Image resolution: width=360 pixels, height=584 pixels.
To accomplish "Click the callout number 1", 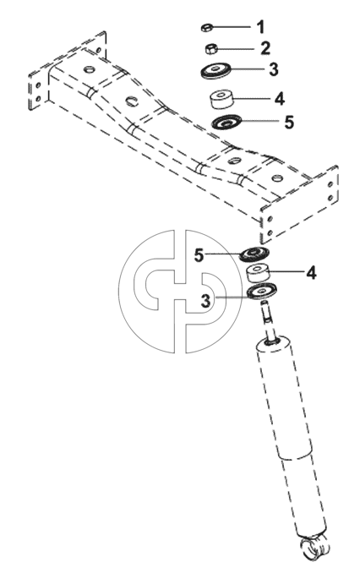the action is (x=261, y=27).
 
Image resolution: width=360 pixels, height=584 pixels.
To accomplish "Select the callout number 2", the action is (x=265, y=48).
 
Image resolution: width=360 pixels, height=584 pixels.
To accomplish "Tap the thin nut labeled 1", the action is (x=206, y=28).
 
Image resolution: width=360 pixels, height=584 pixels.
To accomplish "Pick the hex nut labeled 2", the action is (x=211, y=48).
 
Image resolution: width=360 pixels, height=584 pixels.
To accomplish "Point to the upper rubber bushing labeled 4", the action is (x=223, y=99).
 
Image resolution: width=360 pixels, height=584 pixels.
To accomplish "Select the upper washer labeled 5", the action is (x=226, y=122).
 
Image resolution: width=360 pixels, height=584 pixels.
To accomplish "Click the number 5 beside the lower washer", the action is (x=200, y=255).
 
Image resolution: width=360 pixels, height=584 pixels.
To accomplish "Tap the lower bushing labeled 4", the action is (x=259, y=273).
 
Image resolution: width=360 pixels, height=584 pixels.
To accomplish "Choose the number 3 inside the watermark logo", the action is (x=205, y=301).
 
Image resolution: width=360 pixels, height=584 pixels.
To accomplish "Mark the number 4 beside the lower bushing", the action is (x=311, y=273).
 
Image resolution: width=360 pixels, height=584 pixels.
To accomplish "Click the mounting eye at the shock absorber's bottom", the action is (x=316, y=548).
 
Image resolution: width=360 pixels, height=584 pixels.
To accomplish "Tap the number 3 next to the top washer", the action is (x=274, y=69).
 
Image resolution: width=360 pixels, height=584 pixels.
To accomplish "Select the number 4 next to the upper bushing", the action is (x=279, y=99).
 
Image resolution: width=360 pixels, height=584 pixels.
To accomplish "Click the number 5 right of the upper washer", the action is (x=289, y=123).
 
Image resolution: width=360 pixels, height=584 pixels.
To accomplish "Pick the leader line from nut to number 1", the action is (x=232, y=27).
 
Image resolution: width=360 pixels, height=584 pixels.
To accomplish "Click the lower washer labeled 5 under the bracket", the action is (x=254, y=254).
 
